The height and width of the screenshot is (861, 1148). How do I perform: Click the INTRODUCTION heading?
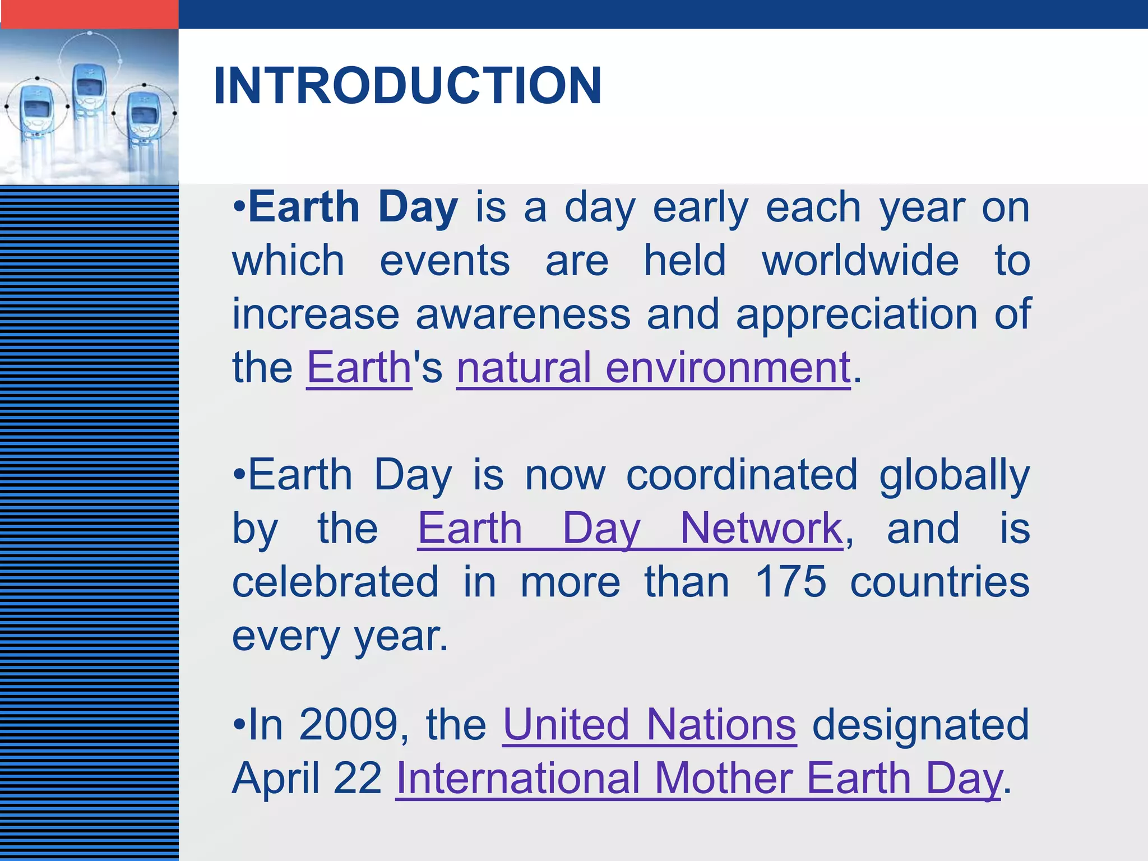pyautogui.click(x=408, y=85)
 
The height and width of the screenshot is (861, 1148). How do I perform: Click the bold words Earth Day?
pyautogui.click(x=353, y=207)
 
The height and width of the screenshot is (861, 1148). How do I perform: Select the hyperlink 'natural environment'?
pyautogui.click(x=654, y=368)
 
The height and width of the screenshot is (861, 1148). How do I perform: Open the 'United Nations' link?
pyautogui.click(x=649, y=724)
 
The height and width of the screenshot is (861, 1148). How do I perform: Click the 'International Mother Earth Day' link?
pyautogui.click(x=698, y=778)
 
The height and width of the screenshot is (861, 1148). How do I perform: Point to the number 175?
pyautogui.click(x=790, y=582)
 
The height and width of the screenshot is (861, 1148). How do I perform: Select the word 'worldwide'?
pyautogui.click(x=860, y=261)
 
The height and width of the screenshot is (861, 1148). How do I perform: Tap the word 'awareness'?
pyautogui.click(x=523, y=314)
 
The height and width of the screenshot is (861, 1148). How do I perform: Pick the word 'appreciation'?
pyautogui.click(x=857, y=314)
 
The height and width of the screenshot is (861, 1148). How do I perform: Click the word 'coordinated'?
pyautogui.click(x=742, y=475)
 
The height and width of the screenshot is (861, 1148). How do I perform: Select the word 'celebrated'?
pyautogui.click(x=335, y=582)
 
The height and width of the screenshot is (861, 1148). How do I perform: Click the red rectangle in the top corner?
pyautogui.click(x=89, y=13)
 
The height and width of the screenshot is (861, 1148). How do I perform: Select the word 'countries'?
pyautogui.click(x=939, y=582)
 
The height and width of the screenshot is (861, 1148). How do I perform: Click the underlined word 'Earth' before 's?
pyautogui.click(x=359, y=368)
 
